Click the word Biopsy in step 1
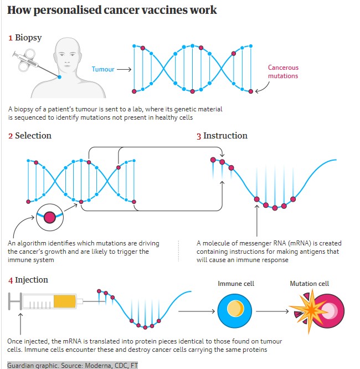(28, 38)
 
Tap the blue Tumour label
(103, 70)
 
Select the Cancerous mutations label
(283, 71)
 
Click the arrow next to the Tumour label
(124, 70)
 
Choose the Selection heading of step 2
(33, 136)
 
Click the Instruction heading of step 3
(225, 136)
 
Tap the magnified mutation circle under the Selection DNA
(50, 218)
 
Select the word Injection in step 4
(31, 280)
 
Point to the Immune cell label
(236, 284)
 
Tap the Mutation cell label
(310, 284)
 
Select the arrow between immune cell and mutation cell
(271, 310)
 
